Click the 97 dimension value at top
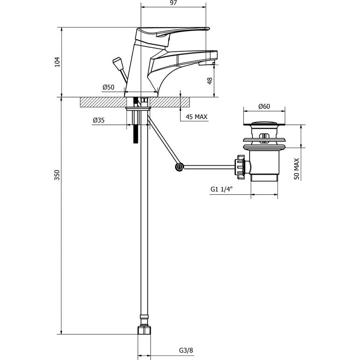coord(173,3)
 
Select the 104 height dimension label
coord(57,62)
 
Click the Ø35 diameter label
coord(98,120)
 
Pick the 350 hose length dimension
coord(57,175)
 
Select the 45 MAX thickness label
coord(196,117)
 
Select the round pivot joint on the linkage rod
coord(179,167)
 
